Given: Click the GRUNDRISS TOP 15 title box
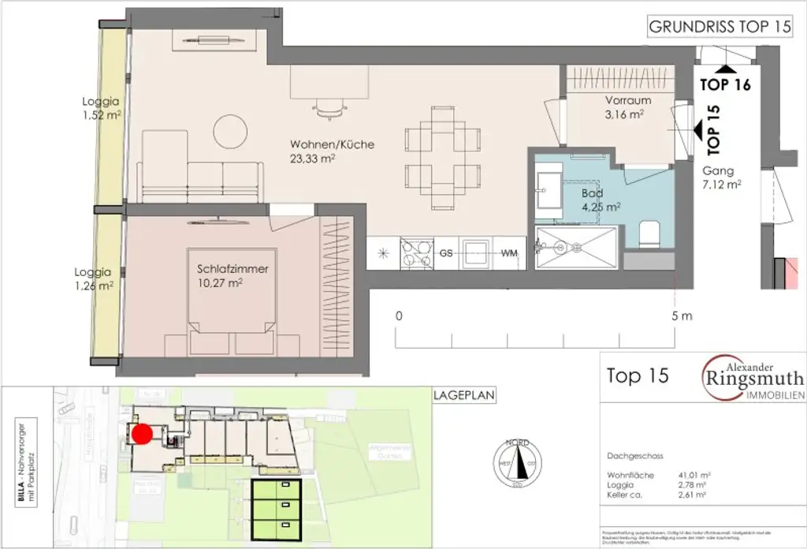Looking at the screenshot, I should (x=719, y=26).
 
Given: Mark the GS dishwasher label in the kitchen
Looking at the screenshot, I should (x=445, y=254).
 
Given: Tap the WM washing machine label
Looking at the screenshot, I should (x=509, y=254).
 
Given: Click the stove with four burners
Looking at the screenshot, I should (x=416, y=253).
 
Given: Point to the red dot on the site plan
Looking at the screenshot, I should (x=141, y=433).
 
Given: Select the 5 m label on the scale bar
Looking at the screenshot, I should (x=682, y=316).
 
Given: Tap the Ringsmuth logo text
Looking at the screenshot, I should (x=753, y=375).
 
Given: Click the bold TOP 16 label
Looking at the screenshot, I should (x=725, y=84).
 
